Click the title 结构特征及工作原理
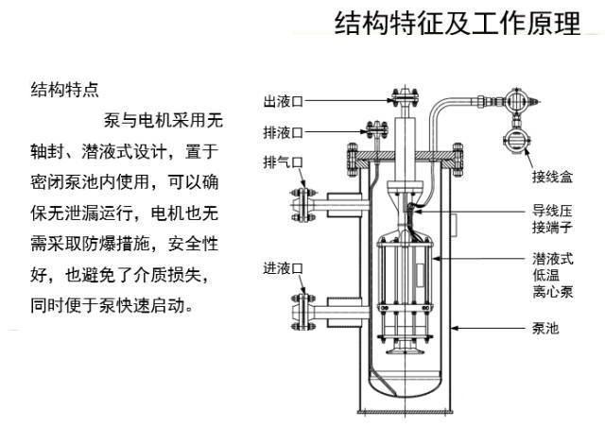pos(457,25)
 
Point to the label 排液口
pos(282,131)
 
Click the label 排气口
pos(282,162)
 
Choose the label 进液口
pos(282,269)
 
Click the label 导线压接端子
pos(551,220)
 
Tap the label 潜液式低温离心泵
pos(550,274)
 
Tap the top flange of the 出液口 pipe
pos(404,95)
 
